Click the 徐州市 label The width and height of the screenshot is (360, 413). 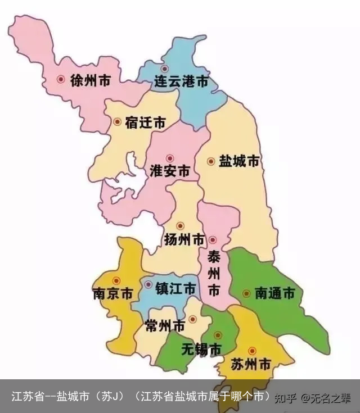point(90,80)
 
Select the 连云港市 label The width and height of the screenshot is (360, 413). point(181,82)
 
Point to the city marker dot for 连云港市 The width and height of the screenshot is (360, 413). point(165,68)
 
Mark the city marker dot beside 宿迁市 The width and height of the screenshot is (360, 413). point(118,121)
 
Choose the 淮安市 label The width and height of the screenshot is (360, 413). point(170,171)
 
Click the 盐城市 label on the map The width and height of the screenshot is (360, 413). point(239,161)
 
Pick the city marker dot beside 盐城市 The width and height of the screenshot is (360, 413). point(211,161)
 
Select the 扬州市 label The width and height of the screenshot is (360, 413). point(184,240)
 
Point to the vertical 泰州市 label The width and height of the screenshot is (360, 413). point(214,274)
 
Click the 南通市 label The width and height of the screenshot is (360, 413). point(274,293)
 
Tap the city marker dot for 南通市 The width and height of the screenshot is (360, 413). point(246,293)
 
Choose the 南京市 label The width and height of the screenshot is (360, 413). point(112,294)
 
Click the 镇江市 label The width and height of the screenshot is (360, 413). point(175,289)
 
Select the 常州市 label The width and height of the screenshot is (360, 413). point(164,325)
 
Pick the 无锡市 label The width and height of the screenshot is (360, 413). point(201,349)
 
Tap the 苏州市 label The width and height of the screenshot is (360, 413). point(251,364)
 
